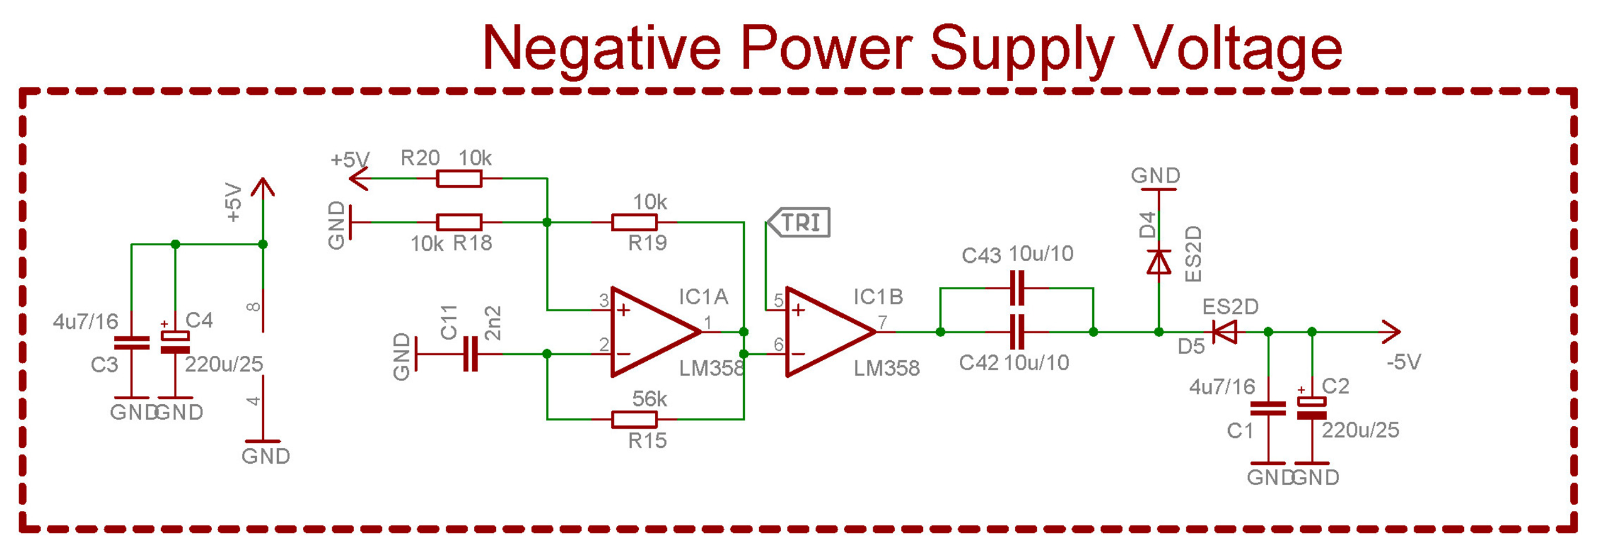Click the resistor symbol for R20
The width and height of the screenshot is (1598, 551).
point(458,178)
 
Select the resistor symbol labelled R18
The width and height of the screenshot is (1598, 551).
point(458,222)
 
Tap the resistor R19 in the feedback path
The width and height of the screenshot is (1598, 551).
point(634,222)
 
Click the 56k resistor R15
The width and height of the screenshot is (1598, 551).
point(634,419)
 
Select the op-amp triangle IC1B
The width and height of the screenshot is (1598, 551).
point(825,332)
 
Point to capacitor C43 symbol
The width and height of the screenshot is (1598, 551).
point(1017,288)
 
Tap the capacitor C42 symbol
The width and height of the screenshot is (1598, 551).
point(1017,332)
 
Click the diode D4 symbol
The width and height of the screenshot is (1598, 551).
point(1158,262)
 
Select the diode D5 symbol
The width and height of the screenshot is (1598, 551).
point(1223,332)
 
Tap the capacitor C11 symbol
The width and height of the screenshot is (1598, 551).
point(470,354)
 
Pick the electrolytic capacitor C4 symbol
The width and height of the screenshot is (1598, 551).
point(176,343)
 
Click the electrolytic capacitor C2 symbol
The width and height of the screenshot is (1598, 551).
point(1311,409)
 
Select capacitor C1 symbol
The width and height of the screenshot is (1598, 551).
point(1267,409)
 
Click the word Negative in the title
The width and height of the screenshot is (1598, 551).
point(601,48)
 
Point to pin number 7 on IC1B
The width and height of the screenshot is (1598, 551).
point(883,322)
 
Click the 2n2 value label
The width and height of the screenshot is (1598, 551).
point(494,323)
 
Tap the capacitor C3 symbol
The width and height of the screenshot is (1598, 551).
point(132,343)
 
